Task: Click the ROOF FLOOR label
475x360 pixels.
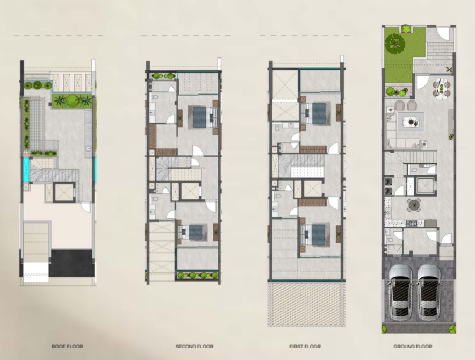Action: tap(67, 346)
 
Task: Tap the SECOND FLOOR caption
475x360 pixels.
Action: tap(195, 346)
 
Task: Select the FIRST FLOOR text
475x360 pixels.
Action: tap(305, 346)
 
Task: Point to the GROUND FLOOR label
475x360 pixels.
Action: tap(413, 346)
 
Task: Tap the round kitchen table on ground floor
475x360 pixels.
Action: tap(414, 205)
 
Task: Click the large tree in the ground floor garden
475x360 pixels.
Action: tap(395, 44)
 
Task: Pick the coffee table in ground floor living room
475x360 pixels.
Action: tap(411, 121)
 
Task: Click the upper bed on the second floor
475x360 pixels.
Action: tap(203, 117)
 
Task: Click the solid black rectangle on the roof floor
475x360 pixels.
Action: tap(71, 263)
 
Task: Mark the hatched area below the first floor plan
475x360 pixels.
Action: tap(306, 304)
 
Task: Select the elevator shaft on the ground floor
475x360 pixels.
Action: tap(426, 186)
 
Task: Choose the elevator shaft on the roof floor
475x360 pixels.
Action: tap(64, 192)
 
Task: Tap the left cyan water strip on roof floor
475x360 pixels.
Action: tap(27, 170)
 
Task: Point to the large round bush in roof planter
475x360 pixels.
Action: tap(72, 101)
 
